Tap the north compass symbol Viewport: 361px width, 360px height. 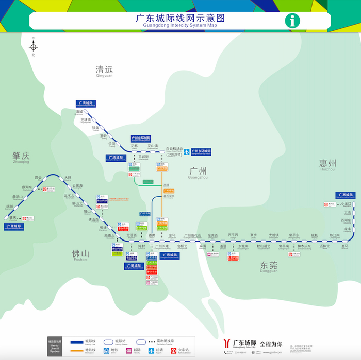[34, 47]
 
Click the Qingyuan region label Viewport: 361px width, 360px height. [104, 71]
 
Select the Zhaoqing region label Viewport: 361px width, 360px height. [21, 156]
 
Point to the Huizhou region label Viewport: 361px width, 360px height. [327, 164]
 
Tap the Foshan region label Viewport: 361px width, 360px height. [80, 254]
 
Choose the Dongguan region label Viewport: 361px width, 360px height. [269, 266]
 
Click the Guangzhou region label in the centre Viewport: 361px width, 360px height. [198, 172]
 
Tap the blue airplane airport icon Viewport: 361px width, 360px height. [187, 151]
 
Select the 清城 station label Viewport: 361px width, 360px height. [79, 111]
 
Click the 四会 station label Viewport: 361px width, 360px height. [38, 177]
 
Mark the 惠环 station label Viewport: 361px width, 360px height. [345, 246]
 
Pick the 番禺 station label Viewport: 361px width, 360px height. [152, 235]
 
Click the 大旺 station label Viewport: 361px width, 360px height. [68, 178]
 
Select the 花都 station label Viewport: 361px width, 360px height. [134, 146]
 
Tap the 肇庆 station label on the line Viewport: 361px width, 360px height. [13, 218]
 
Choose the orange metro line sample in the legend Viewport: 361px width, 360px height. [85, 349]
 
